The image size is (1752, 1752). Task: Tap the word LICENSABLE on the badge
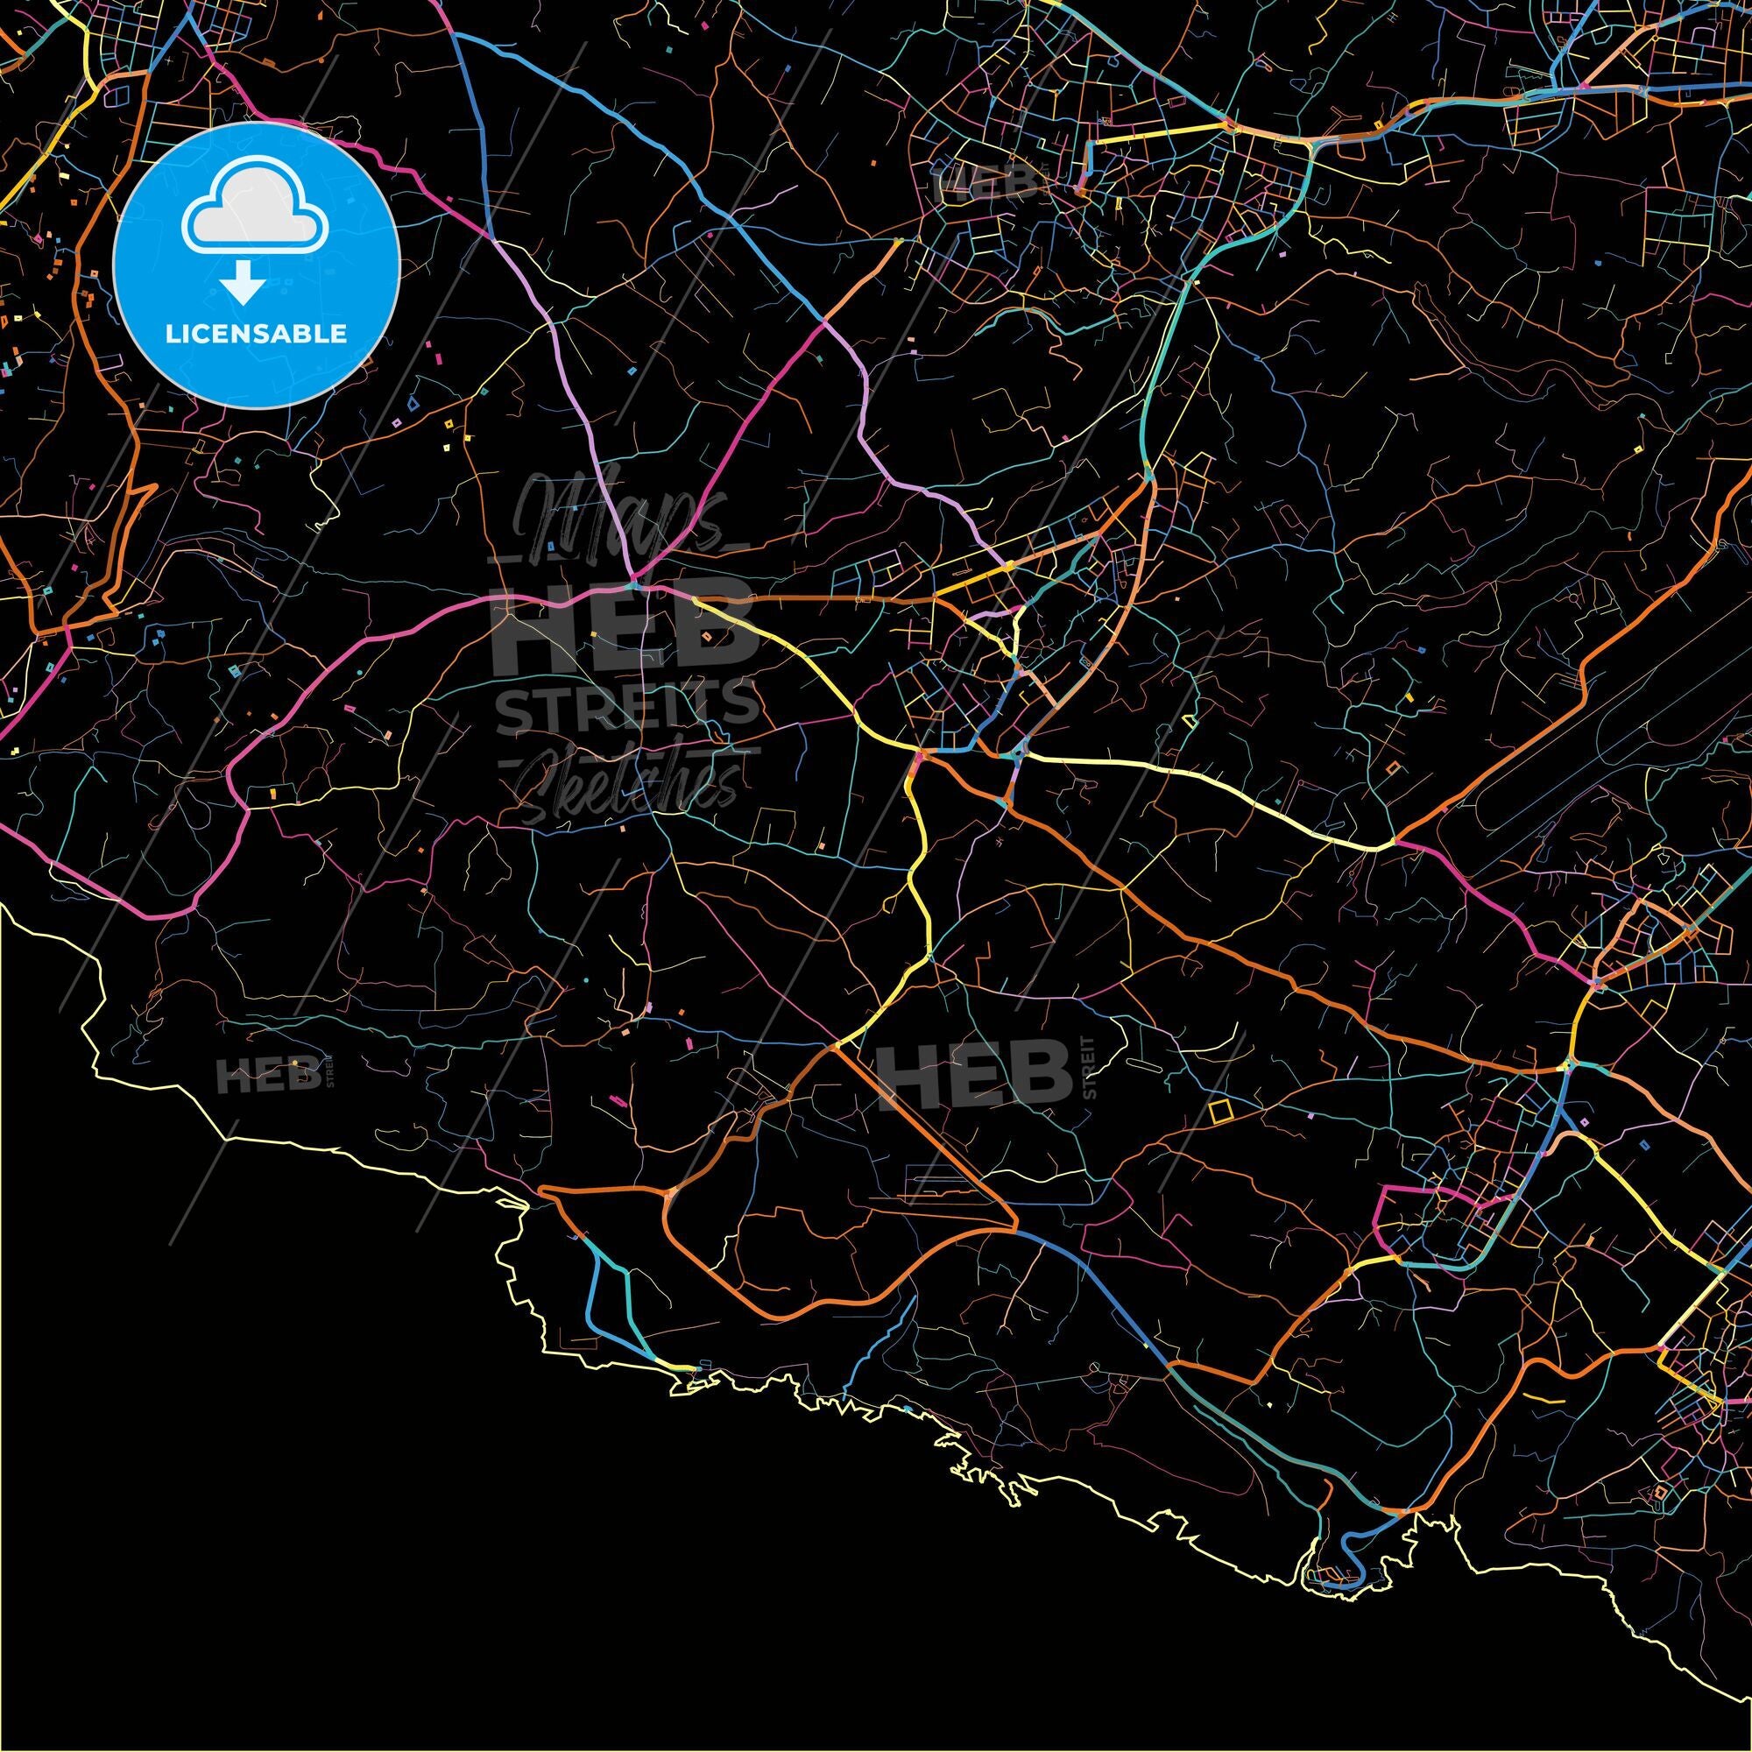256,334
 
